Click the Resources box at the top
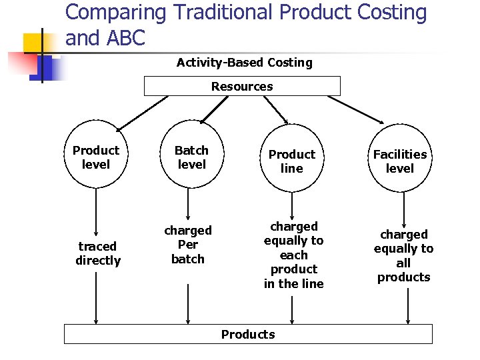pyautogui.click(x=242, y=86)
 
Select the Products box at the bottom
pyautogui.click(x=248, y=334)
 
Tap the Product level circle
pyautogui.click(x=96, y=157)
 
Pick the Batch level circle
pyautogui.click(x=191, y=157)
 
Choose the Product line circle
pyautogui.click(x=292, y=161)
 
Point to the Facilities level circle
pyautogui.click(x=400, y=162)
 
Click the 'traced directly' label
pyautogui.click(x=98, y=253)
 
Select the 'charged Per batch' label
pyautogui.click(x=188, y=244)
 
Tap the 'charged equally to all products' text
pyautogui.click(x=403, y=255)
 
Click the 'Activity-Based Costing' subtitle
pyautogui.click(x=244, y=63)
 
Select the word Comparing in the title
pyautogui.click(x=115, y=13)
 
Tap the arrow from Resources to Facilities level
pyautogui.click(x=356, y=110)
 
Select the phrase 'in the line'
pyautogui.click(x=293, y=283)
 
